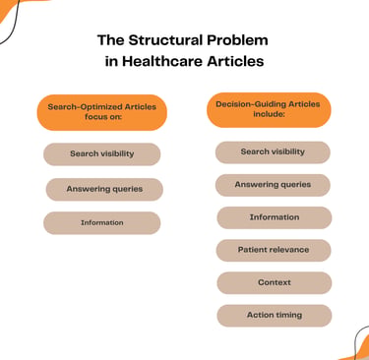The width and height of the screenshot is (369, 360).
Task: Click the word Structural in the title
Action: (165, 40)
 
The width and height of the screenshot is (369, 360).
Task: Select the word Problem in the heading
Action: (237, 40)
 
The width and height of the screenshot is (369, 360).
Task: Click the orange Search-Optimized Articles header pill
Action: (102, 112)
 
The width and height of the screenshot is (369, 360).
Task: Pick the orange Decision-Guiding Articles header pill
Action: (269, 110)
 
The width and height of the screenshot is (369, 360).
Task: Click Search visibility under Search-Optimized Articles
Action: (102, 154)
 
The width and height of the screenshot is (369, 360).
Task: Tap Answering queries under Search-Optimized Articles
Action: (104, 189)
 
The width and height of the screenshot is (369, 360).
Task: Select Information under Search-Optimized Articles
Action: (102, 223)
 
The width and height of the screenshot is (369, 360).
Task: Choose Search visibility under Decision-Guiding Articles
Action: (273, 152)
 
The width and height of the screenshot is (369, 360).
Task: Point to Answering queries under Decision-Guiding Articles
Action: (273, 185)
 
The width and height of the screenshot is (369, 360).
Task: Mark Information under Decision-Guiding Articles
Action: (275, 217)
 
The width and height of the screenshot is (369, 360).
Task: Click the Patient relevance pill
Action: (274, 250)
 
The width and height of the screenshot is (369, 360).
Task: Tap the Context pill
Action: (275, 282)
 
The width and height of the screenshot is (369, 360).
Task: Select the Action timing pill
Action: (275, 316)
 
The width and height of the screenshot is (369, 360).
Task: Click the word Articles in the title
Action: (235, 61)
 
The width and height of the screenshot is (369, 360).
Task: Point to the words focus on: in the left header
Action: (103, 117)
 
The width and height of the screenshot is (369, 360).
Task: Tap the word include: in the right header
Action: (269, 114)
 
